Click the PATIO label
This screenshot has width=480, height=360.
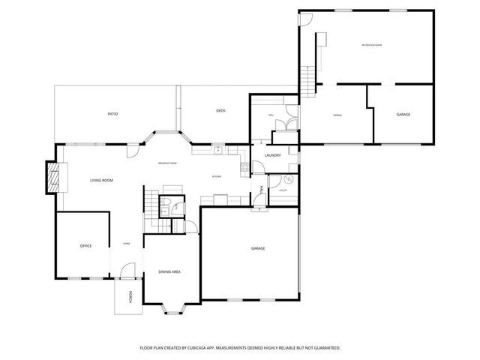[x=112, y=113]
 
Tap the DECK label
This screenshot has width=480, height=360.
[x=220, y=111]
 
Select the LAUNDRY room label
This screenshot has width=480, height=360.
[x=272, y=155]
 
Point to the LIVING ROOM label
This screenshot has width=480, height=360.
[x=101, y=181]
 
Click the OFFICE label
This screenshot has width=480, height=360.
[x=85, y=246]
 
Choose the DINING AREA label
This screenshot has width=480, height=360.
[x=169, y=271]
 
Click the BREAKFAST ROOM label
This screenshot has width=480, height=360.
[x=167, y=163]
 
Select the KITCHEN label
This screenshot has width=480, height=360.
[x=216, y=177]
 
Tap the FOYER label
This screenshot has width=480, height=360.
[x=127, y=244]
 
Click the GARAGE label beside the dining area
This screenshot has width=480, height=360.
[x=258, y=248]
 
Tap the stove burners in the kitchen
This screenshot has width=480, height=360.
[x=244, y=168]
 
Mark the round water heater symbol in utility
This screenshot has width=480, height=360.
[x=286, y=181]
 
